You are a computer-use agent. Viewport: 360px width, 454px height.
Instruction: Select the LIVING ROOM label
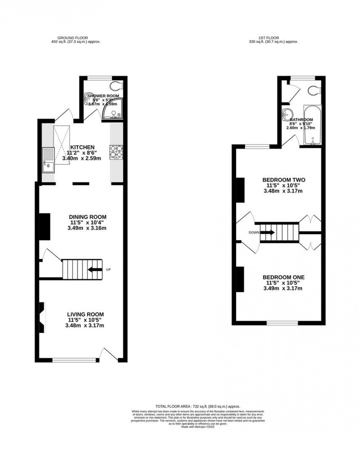85,315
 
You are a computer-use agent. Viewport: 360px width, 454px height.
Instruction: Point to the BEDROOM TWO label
284,180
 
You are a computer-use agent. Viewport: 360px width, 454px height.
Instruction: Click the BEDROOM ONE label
283,277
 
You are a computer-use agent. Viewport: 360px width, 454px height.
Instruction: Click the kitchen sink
48,160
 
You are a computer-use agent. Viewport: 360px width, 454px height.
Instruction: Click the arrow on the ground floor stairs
95,270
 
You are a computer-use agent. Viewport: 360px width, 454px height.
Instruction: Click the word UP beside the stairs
108,270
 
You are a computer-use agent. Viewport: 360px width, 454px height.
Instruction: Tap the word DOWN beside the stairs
253,232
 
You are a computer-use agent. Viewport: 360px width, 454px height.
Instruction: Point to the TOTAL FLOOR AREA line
198,407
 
